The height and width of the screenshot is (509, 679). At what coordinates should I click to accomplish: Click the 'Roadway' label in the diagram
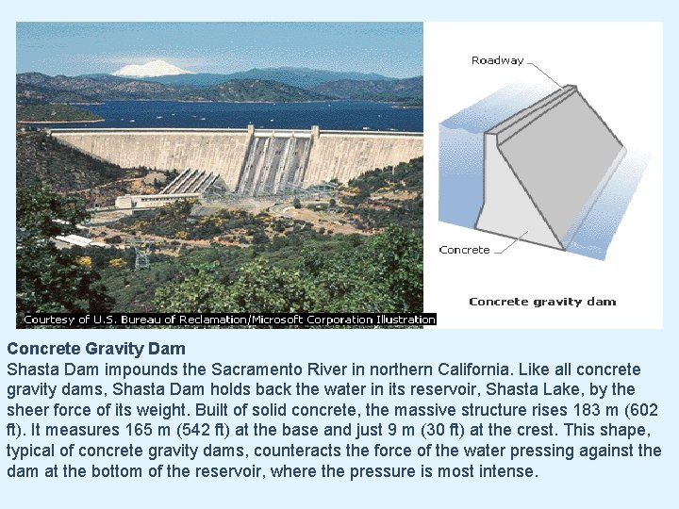497,60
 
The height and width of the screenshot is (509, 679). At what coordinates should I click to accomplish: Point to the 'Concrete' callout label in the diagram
465,250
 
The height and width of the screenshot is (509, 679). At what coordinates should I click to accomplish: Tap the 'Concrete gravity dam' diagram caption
542,302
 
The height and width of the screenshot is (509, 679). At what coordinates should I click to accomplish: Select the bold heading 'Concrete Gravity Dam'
96,349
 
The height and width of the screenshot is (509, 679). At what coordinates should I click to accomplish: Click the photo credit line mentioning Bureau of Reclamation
229,320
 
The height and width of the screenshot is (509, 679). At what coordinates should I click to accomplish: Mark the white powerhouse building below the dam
156,200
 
